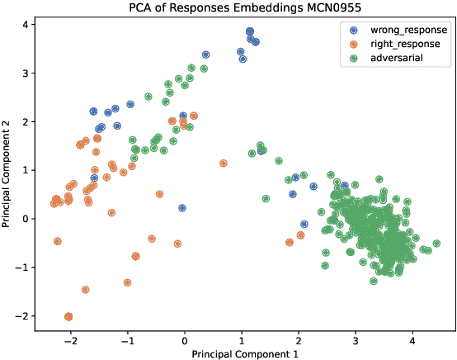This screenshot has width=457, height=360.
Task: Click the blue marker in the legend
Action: (x=355, y=30)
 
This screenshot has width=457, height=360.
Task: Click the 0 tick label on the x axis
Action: (x=185, y=339)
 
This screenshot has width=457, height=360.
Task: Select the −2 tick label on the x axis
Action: (x=70, y=339)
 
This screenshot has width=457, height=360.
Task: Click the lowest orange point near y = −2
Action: (x=68, y=316)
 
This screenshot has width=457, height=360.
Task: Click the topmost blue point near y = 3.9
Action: (x=250, y=31)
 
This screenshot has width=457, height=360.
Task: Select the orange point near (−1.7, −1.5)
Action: (x=86, y=290)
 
